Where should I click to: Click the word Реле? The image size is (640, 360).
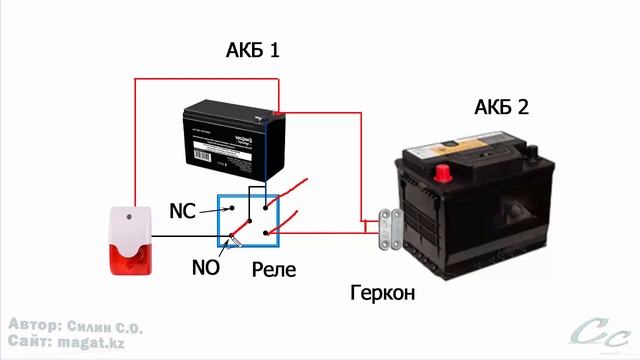tap(274, 270)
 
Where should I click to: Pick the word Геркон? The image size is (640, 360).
tap(381, 294)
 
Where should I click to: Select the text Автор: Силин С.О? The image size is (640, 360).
tap(75, 327)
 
